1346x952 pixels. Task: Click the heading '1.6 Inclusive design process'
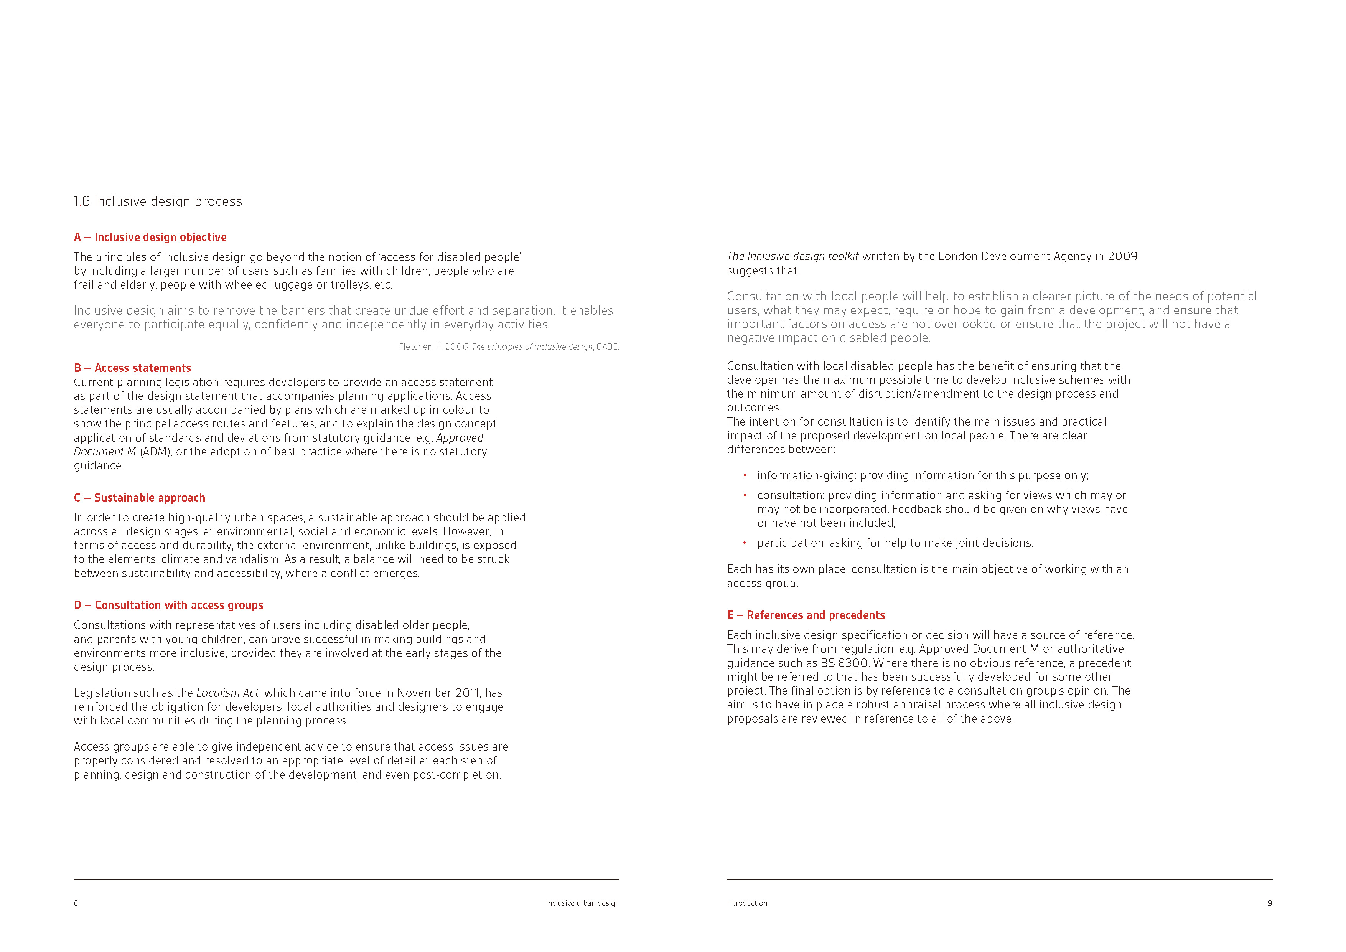(157, 201)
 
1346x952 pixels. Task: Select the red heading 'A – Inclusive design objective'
(150, 237)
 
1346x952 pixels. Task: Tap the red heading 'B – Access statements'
(132, 368)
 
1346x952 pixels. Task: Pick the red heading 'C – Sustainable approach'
(140, 497)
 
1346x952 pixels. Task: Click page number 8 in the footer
(76, 903)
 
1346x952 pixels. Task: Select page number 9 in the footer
(1269, 903)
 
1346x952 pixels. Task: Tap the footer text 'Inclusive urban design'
(582, 903)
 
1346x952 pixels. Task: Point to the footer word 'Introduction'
(747, 903)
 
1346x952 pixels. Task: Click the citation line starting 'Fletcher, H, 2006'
(508, 346)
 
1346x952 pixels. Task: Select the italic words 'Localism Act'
(227, 693)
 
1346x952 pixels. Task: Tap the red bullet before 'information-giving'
(745, 475)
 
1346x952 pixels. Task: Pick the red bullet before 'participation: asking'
(745, 543)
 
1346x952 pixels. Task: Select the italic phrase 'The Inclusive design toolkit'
(792, 256)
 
